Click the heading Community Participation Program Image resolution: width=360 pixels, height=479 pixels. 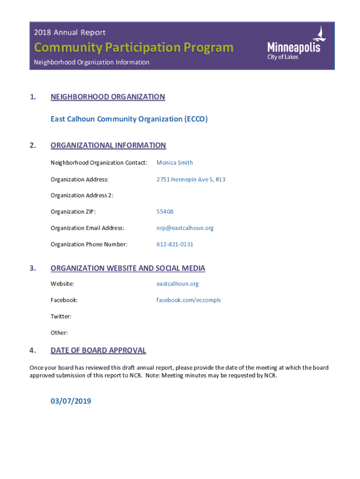(x=133, y=48)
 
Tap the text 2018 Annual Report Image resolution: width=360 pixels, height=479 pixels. (x=70, y=32)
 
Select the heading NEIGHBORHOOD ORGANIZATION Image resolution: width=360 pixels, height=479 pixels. (x=108, y=97)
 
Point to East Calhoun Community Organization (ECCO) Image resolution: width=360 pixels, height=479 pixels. (x=129, y=119)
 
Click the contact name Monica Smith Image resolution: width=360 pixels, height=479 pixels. (x=174, y=163)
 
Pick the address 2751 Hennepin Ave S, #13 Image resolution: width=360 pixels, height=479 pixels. (x=191, y=179)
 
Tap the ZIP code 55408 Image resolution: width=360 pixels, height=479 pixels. (x=165, y=212)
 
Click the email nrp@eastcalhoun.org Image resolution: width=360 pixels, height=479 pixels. (x=185, y=228)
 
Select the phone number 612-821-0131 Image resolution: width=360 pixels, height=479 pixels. (x=174, y=245)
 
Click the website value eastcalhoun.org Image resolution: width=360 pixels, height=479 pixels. (x=177, y=284)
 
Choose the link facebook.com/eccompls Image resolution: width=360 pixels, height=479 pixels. (x=188, y=300)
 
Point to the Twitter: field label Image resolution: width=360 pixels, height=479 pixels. (x=61, y=317)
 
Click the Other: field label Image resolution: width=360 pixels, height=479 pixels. (x=59, y=333)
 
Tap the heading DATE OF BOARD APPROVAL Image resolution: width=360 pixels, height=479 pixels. (x=98, y=350)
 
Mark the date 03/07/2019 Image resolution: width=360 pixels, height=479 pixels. (x=71, y=401)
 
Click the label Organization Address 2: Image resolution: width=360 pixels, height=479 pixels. (x=82, y=196)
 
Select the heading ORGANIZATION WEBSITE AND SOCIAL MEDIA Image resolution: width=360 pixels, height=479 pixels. (x=128, y=268)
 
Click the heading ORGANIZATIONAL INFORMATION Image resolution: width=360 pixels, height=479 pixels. (x=108, y=145)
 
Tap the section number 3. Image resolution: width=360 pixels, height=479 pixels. (x=32, y=268)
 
